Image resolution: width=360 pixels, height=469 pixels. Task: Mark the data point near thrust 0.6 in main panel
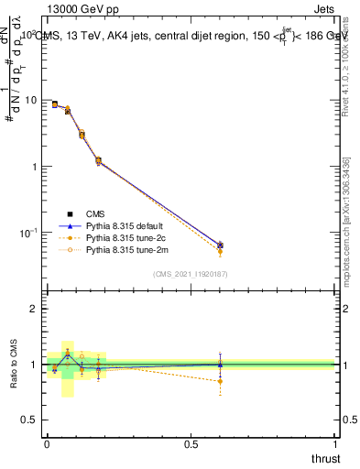(220, 245)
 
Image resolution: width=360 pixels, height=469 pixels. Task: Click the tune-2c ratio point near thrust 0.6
(220, 381)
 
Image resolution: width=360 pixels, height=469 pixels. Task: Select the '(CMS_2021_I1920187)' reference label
(190, 273)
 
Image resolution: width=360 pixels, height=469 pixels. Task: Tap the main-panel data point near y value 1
(98, 161)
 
